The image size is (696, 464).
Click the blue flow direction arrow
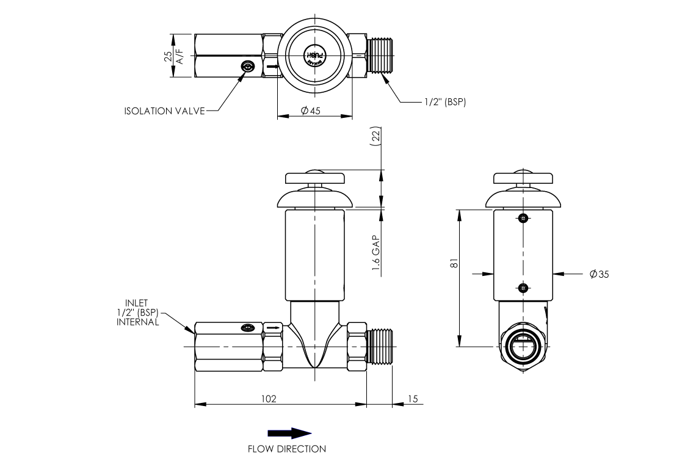(x=289, y=433)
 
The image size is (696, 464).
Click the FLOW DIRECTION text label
(x=286, y=449)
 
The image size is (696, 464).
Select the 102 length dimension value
(x=269, y=399)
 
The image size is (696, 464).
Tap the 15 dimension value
(x=413, y=399)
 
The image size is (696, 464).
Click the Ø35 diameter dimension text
(x=599, y=275)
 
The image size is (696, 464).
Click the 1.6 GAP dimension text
(x=376, y=253)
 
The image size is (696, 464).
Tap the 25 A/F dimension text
(x=173, y=56)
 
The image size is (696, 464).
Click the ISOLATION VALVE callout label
(x=165, y=111)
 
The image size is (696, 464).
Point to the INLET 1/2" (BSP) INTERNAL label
(x=137, y=312)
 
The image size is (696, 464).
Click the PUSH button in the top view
(x=314, y=56)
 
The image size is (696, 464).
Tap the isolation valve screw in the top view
(x=247, y=67)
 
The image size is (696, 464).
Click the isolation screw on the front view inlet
(x=247, y=328)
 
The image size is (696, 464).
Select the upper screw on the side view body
(x=523, y=218)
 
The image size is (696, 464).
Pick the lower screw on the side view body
(x=523, y=288)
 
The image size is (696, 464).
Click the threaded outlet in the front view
(x=381, y=347)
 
